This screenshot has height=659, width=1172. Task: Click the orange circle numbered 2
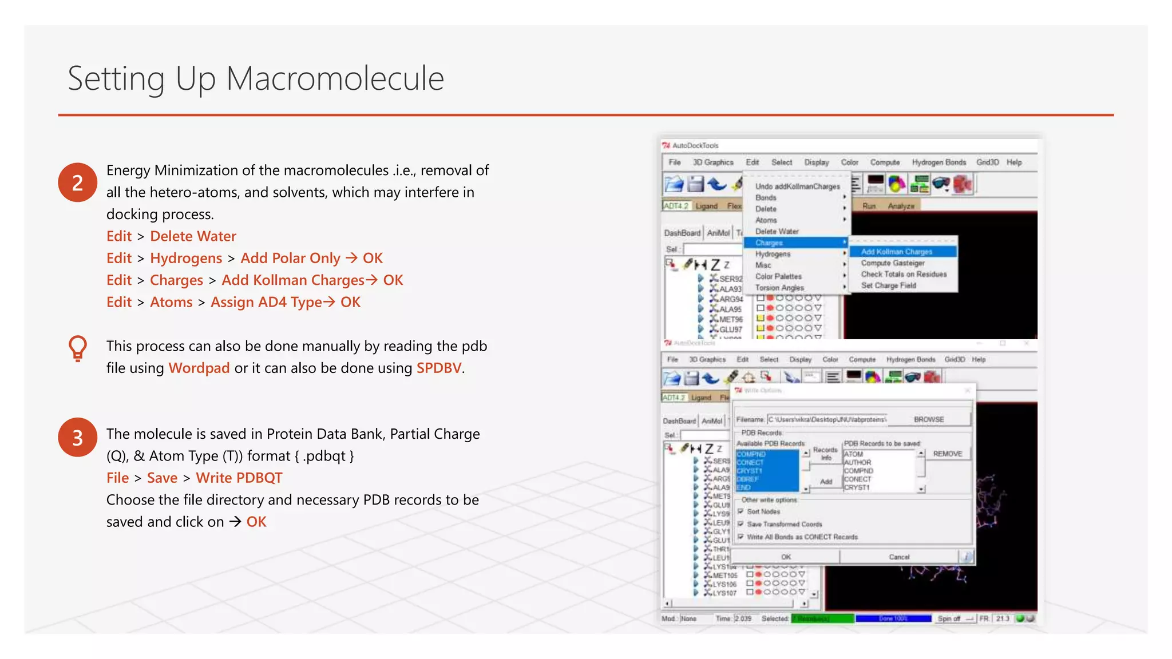(x=77, y=182)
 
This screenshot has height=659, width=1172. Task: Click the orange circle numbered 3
(x=77, y=438)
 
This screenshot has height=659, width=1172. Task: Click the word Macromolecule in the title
(x=335, y=78)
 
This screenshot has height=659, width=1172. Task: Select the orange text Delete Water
(x=193, y=236)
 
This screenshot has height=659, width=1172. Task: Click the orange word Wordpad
(x=199, y=368)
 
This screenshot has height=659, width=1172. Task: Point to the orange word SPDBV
(x=438, y=368)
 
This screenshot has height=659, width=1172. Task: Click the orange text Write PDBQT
(x=239, y=478)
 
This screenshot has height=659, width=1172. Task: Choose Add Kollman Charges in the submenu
(x=896, y=252)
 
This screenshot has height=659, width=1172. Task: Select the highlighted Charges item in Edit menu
(x=769, y=243)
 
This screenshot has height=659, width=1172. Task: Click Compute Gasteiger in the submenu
(x=892, y=263)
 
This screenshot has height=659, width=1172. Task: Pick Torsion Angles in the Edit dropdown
(x=779, y=288)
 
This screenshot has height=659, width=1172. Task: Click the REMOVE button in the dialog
(x=947, y=454)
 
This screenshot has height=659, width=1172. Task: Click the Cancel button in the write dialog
(x=898, y=557)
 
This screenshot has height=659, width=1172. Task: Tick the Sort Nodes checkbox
(x=741, y=511)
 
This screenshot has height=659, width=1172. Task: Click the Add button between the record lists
(x=826, y=481)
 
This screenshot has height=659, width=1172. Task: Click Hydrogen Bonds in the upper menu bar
(x=939, y=162)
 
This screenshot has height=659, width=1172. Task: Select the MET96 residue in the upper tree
(x=731, y=319)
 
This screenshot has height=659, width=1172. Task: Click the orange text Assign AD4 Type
(x=266, y=302)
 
